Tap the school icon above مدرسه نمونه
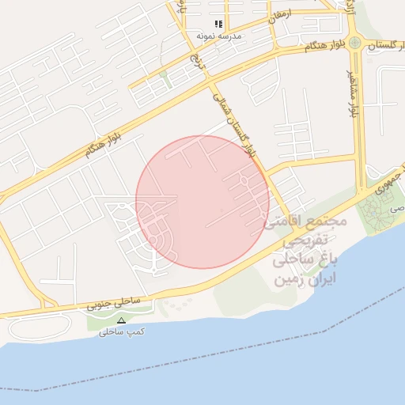(x=219, y=25)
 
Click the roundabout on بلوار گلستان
(x=356, y=43)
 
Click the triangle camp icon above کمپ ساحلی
(x=121, y=320)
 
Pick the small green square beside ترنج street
(x=164, y=74)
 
